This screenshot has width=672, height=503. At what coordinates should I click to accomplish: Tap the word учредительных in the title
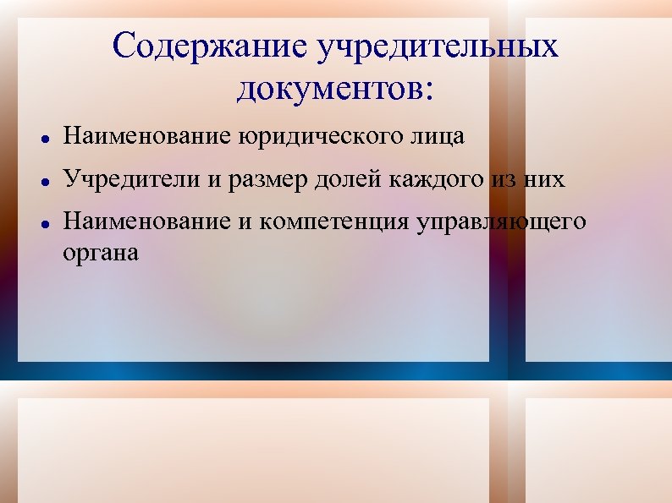(x=438, y=46)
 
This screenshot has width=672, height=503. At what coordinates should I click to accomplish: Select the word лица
(x=441, y=136)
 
